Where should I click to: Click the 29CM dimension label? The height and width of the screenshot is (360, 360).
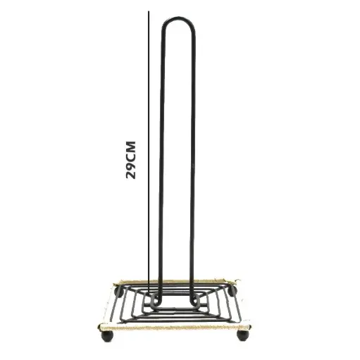131,160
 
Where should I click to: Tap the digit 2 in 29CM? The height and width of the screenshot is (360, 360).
131,175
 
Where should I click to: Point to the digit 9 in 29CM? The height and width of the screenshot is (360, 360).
131,166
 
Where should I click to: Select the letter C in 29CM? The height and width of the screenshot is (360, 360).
131,158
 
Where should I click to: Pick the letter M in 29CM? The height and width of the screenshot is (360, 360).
131,147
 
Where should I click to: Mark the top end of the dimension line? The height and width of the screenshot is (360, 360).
149,11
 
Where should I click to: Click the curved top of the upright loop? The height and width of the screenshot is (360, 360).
178,19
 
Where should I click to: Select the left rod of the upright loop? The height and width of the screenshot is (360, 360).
162,164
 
